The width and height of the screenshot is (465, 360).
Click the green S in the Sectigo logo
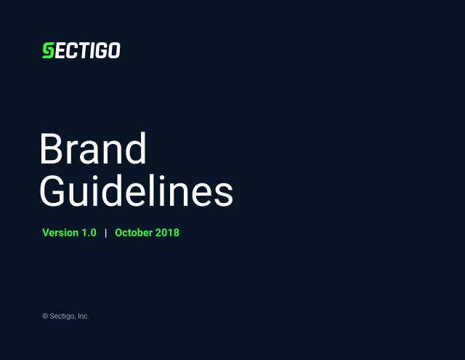tap(49, 50)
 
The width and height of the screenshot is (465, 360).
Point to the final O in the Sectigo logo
tap(114, 50)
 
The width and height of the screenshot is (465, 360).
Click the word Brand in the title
tap(93, 148)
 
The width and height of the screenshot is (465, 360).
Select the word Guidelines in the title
tap(137, 191)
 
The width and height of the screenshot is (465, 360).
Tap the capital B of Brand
tap(52, 149)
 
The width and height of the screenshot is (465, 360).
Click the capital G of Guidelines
tap(52, 191)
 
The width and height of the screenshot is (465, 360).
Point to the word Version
tap(60, 233)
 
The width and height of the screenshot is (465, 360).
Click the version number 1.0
tap(89, 233)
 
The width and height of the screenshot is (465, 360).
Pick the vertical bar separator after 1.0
tap(106, 233)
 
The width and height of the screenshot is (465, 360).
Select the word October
tap(134, 233)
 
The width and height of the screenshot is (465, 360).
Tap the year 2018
tap(167, 233)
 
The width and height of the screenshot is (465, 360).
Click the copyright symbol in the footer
tap(45, 316)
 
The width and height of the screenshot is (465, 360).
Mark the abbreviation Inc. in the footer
tap(84, 316)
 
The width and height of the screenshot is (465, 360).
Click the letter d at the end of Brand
tap(136, 148)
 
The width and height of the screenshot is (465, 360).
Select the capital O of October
tap(119, 233)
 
